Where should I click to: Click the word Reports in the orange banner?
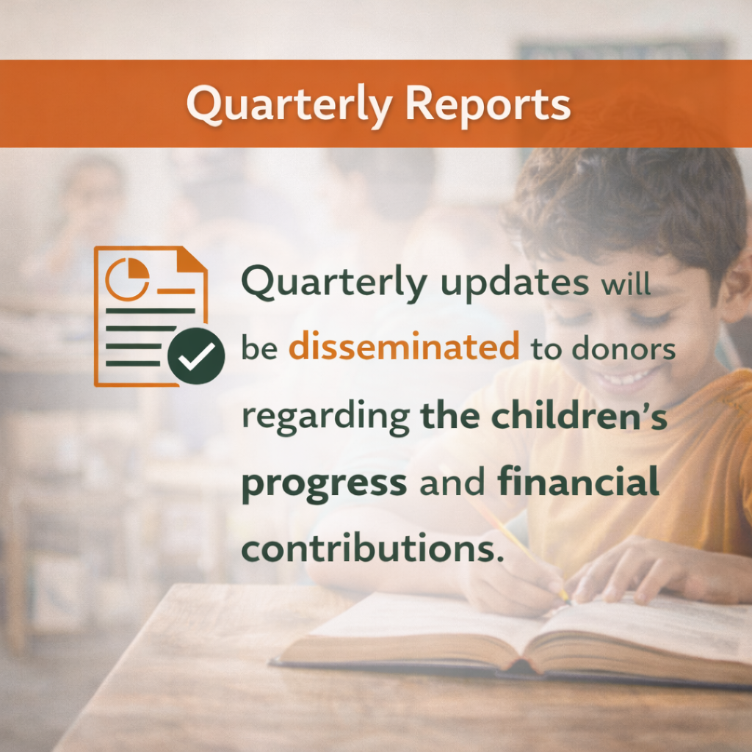tap(488, 105)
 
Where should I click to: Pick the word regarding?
tap(325, 417)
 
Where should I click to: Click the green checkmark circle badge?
tap(195, 355)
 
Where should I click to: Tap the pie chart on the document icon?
tap(128, 278)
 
